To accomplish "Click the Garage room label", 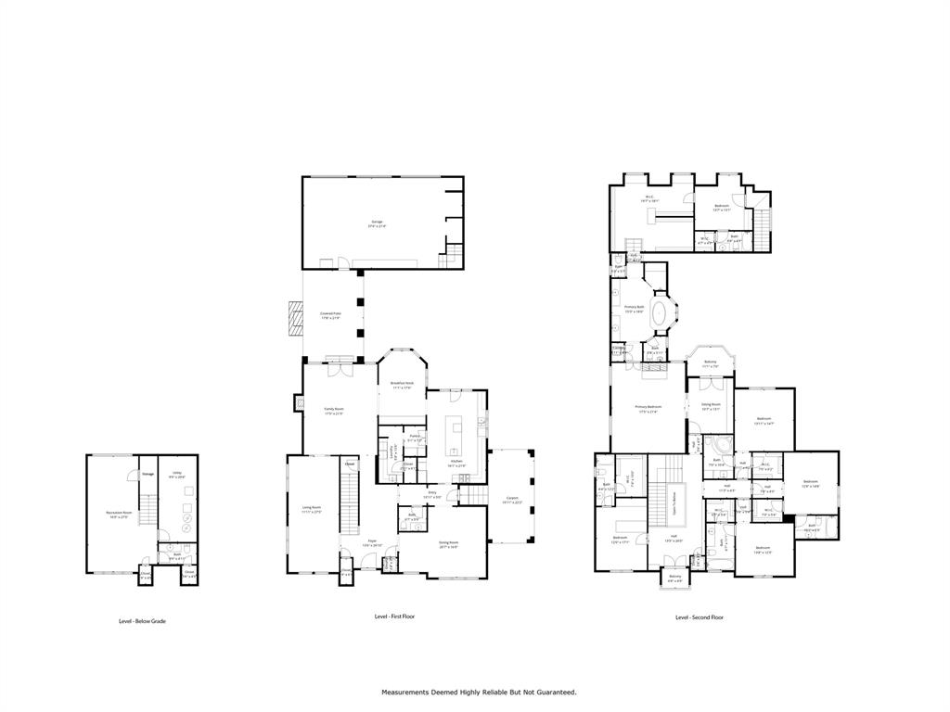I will pos(377,222).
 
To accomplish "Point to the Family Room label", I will pos(334,410).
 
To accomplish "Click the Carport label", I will pos(513,501).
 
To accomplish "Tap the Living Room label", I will pos(311,509).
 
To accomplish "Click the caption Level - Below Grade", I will pos(142,621).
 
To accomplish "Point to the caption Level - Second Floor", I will pos(700,617).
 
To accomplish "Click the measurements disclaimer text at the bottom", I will pos(480,693).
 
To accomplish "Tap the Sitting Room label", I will pos(712,406).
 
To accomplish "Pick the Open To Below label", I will pos(674,503).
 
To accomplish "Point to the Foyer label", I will pos(371,541).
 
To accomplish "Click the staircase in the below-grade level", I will pos(145,510).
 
